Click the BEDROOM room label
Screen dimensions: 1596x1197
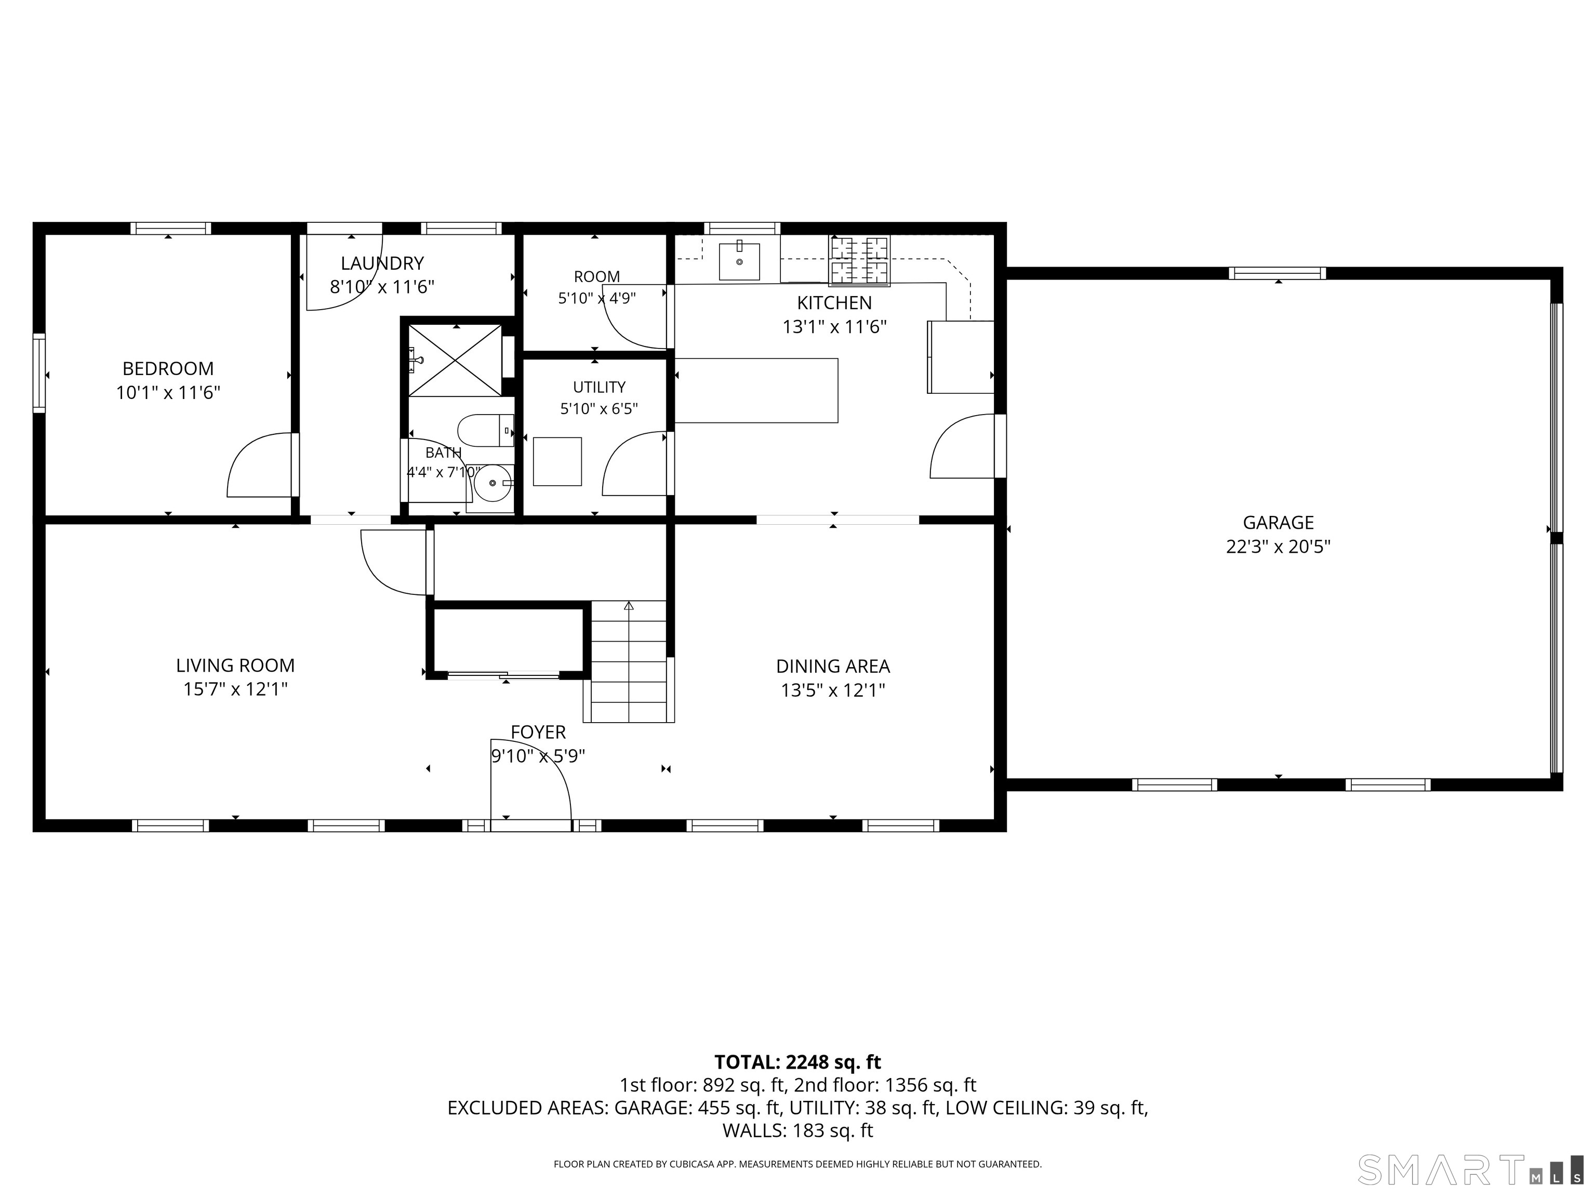tap(168, 369)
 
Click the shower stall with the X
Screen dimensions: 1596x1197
tap(455, 360)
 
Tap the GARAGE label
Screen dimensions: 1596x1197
tap(1278, 522)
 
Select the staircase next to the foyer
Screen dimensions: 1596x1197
tap(629, 662)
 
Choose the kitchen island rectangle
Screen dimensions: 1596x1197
tap(756, 390)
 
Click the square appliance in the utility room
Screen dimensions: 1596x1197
tap(557, 461)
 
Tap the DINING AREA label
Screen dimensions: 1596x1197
tap(833, 666)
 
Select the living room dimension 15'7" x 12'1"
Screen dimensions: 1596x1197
tap(235, 689)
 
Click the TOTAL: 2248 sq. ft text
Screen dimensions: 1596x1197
tap(797, 1062)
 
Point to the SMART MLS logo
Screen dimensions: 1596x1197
tap(1470, 1169)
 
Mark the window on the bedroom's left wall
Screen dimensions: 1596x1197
tap(39, 373)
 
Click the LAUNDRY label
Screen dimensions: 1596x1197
tap(382, 263)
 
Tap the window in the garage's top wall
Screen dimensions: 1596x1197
tap(1277, 273)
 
